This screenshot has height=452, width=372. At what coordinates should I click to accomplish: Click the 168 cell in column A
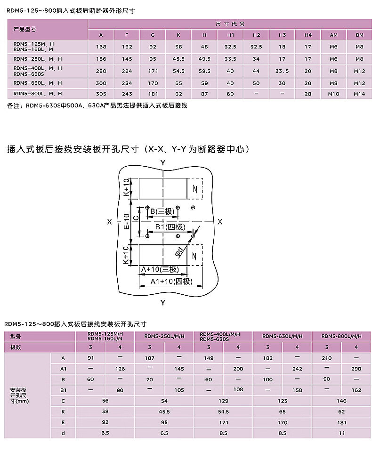pos(101,47)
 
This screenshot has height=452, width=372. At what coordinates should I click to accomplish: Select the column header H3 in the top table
pos(282,35)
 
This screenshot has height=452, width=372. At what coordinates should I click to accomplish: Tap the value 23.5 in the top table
pos(282,71)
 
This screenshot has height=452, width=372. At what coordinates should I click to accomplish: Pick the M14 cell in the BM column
pos(359,94)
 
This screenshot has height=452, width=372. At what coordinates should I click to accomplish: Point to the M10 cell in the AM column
pos(334,94)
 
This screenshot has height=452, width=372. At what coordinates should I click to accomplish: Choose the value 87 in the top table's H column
pos(204,94)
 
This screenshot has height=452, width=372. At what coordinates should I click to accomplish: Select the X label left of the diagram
pos(109,221)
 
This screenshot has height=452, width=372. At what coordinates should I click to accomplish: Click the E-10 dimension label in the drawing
pos(126,221)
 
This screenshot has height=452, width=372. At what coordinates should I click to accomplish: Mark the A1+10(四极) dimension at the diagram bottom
pos(171,281)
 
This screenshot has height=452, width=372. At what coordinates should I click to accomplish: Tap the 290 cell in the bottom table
pos(356,369)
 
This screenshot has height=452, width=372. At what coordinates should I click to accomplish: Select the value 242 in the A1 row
pos(297,369)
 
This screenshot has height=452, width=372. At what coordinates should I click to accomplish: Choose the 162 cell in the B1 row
pos(356,390)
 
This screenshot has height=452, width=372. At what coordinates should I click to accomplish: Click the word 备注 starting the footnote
pos(14,105)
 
